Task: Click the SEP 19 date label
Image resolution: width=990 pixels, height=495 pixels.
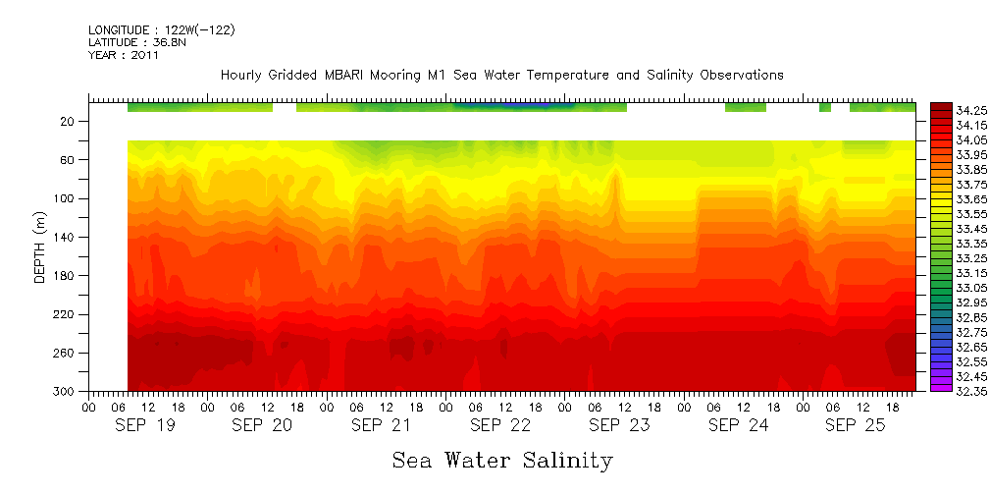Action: [x=144, y=425]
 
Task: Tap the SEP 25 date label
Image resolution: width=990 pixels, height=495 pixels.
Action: [x=855, y=425]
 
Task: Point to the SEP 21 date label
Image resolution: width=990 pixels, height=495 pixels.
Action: [x=381, y=425]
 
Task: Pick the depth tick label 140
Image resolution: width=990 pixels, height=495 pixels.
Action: [x=65, y=238]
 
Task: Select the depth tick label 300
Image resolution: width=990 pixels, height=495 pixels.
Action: [x=65, y=392]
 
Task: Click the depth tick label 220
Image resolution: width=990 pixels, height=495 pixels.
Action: [x=65, y=315]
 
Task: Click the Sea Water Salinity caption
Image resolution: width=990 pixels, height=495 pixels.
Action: [x=502, y=461]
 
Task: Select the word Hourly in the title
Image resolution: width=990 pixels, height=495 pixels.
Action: [x=242, y=75]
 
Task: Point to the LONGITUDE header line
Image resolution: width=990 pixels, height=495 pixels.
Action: [x=161, y=30]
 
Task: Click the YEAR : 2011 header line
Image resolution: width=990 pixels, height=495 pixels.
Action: [x=123, y=56]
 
